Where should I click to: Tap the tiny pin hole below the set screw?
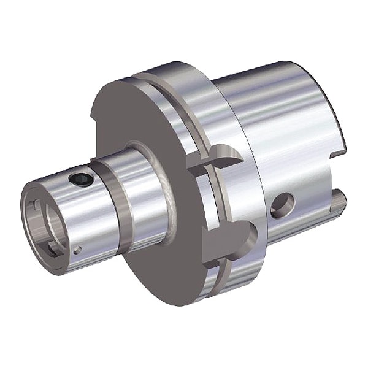point(77,249)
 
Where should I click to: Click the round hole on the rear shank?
point(282,205)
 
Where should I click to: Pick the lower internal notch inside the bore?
point(55,245)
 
